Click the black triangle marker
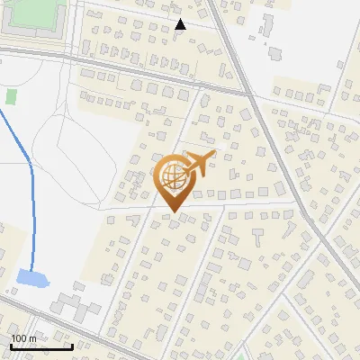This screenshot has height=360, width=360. (x=180, y=24)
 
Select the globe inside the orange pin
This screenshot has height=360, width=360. (x=171, y=179)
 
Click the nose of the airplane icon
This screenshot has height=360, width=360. (x=213, y=155)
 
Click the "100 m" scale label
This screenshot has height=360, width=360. (x=23, y=337)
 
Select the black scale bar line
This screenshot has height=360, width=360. (x=40, y=346)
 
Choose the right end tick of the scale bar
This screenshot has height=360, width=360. (x=72, y=344)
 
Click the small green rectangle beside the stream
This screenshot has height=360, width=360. (x=12, y=95)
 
